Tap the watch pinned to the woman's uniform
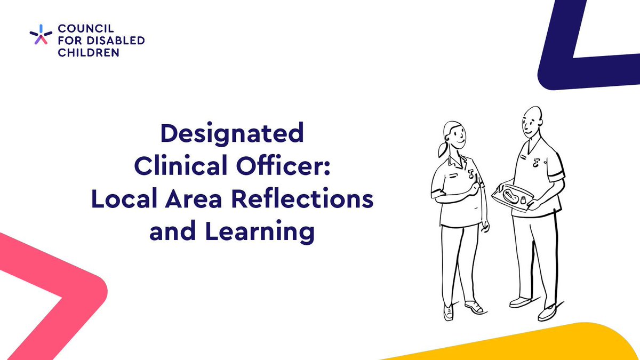click(471, 174)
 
